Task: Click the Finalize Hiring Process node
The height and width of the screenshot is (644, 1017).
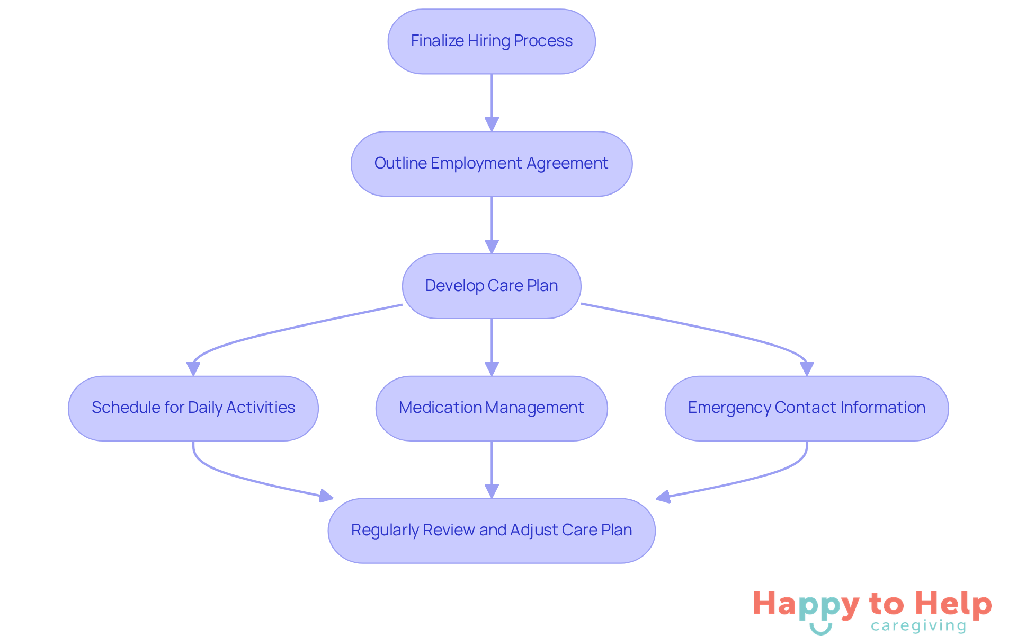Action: click(x=492, y=41)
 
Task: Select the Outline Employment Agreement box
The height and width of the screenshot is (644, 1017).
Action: click(x=492, y=164)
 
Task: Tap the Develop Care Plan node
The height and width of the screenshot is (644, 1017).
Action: click(x=492, y=286)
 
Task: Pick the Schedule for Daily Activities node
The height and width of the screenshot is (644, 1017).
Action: click(x=193, y=408)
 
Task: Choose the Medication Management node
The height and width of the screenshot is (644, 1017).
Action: click(x=492, y=408)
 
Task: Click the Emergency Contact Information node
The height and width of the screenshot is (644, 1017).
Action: click(x=806, y=408)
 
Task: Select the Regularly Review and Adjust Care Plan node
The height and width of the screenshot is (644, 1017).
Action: click(x=492, y=531)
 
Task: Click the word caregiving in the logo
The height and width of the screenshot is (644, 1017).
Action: click(x=918, y=626)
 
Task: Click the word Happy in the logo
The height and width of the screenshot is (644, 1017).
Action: click(x=805, y=604)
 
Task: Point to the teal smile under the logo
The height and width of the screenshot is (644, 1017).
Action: click(x=820, y=629)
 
